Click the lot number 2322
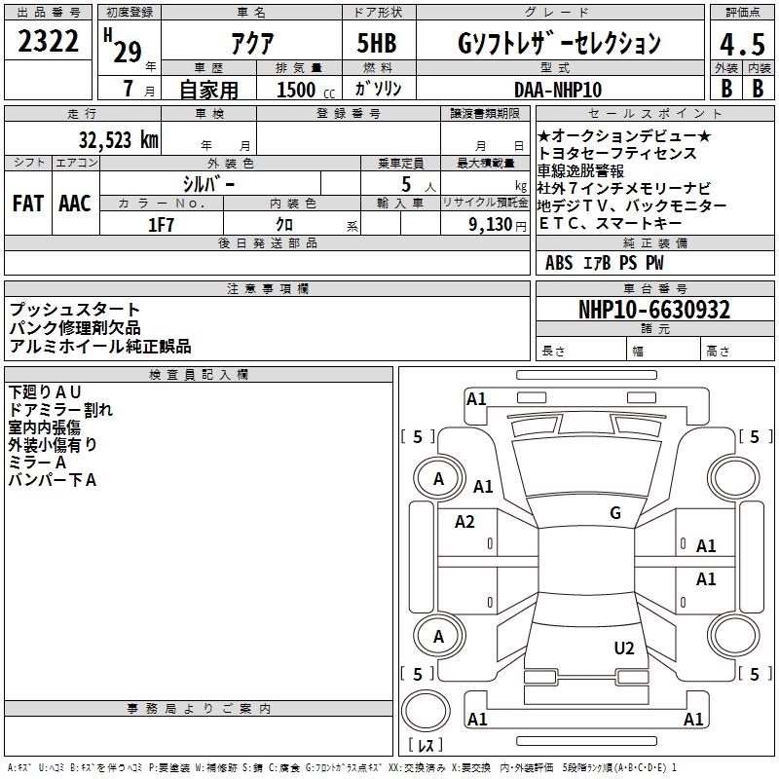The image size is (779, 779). [x=50, y=43]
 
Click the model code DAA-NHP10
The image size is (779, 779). [x=556, y=89]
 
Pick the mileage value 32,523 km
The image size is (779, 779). [x=118, y=139]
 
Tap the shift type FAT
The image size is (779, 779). [x=27, y=204]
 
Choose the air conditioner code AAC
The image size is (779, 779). [x=74, y=204]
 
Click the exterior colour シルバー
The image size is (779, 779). [x=208, y=182]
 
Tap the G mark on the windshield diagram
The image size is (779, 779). [x=615, y=512]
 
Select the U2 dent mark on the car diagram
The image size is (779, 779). [x=624, y=648]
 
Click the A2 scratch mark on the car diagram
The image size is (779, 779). [x=464, y=522]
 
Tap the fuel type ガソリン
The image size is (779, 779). [x=378, y=89]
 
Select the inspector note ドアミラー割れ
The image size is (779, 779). [x=60, y=410]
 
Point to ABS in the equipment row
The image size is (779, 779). [x=559, y=263]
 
